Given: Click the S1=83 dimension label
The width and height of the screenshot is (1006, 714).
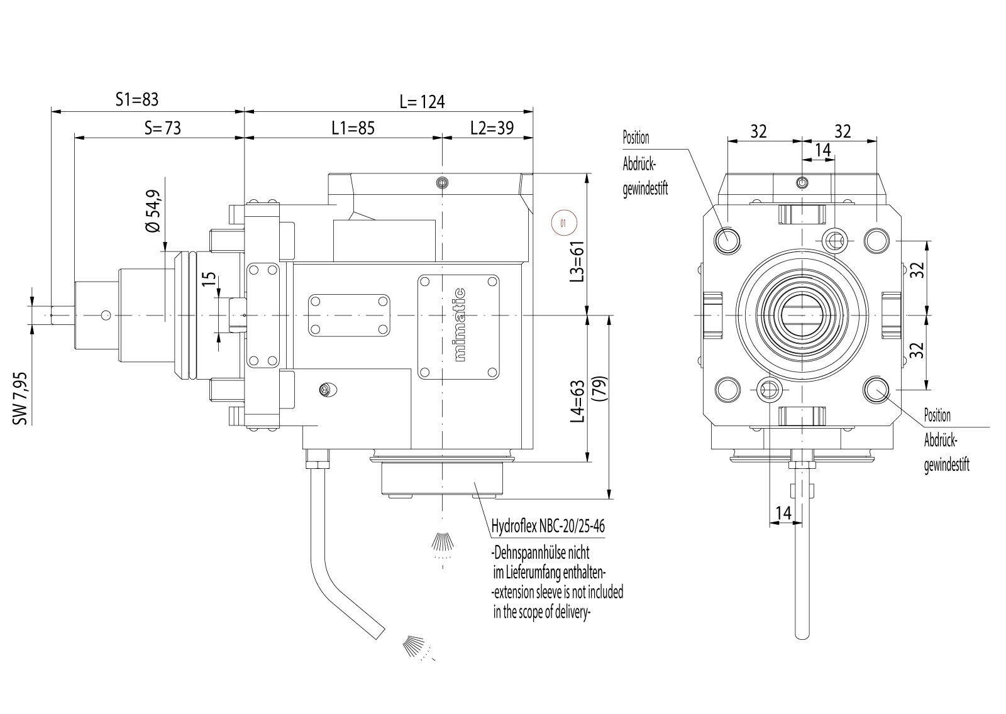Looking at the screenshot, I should click(x=137, y=99).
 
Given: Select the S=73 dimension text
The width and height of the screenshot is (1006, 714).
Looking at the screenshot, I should click(x=162, y=128).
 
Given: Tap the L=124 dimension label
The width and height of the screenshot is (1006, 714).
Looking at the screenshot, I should click(x=422, y=101).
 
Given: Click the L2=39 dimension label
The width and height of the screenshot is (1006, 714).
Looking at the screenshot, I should click(x=492, y=128).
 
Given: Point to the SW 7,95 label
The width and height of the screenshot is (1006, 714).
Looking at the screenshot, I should click(x=21, y=397).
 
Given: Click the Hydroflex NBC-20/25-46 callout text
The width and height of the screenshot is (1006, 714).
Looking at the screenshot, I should click(x=548, y=526).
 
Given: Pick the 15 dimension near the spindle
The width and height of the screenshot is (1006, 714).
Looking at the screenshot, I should click(x=209, y=278).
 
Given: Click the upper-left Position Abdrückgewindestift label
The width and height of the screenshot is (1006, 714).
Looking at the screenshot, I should click(x=644, y=163).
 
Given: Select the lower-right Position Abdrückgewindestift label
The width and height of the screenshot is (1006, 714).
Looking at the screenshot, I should click(x=946, y=440).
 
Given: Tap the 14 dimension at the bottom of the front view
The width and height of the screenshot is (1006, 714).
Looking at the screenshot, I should click(x=783, y=513).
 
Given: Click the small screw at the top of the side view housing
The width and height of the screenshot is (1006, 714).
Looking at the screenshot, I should click(x=443, y=182).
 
